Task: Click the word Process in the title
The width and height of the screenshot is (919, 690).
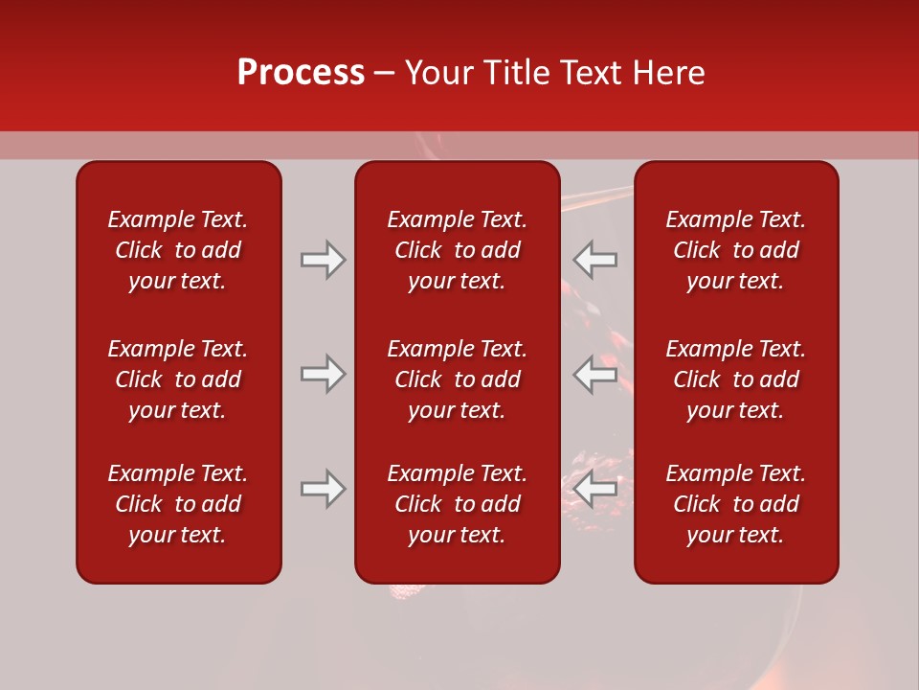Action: pyautogui.click(x=301, y=73)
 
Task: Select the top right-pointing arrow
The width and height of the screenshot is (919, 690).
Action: pyautogui.click(x=323, y=260)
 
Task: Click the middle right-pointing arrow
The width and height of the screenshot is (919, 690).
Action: pyautogui.click(x=323, y=374)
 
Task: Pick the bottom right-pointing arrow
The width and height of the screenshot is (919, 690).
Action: pyautogui.click(x=323, y=489)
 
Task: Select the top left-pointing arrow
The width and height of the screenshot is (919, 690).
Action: pyautogui.click(x=595, y=260)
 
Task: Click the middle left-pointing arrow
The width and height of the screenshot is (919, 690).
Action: pyautogui.click(x=595, y=374)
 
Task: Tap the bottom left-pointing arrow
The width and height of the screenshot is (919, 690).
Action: pyautogui.click(x=595, y=489)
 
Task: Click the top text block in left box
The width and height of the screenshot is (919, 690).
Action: pyautogui.click(x=178, y=250)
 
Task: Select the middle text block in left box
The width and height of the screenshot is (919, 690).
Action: pyautogui.click(x=178, y=379)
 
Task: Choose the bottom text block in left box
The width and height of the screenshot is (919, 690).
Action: pyautogui.click(x=178, y=504)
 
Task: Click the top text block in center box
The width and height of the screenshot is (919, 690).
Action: pyautogui.click(x=457, y=250)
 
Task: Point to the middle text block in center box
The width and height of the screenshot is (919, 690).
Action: pyautogui.click(x=457, y=379)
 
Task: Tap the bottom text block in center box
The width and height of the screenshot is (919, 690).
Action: pyautogui.click(x=457, y=504)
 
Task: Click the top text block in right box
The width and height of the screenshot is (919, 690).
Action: pyautogui.click(x=736, y=250)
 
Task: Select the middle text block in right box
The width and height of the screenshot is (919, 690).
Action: pyautogui.click(x=736, y=379)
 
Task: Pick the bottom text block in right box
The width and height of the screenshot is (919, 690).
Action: pyautogui.click(x=736, y=504)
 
